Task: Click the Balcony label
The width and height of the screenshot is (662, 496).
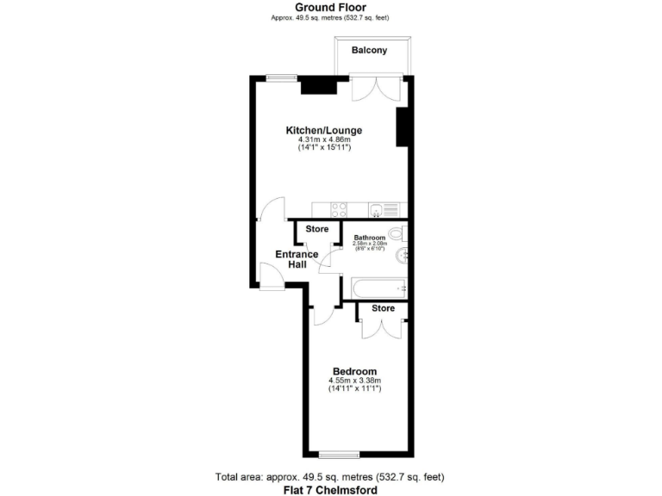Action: click(x=375, y=50)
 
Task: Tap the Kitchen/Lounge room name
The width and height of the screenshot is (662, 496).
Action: click(x=324, y=130)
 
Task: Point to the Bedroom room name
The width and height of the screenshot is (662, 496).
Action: click(x=354, y=371)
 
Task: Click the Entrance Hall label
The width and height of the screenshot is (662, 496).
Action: click(x=297, y=259)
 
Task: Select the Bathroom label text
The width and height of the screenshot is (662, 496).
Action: click(x=370, y=238)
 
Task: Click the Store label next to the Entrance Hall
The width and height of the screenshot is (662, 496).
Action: click(x=318, y=229)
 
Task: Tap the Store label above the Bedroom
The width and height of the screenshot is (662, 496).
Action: click(x=383, y=308)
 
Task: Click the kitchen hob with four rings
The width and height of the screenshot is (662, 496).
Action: click(x=339, y=209)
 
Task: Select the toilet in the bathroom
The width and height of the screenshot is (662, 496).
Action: click(x=397, y=233)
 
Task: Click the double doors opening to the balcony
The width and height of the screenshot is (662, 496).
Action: click(x=376, y=89)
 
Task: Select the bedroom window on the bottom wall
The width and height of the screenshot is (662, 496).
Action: click(x=338, y=454)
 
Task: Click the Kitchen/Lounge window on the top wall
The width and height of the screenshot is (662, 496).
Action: click(x=281, y=78)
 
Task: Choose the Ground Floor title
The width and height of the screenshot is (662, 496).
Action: click(x=330, y=8)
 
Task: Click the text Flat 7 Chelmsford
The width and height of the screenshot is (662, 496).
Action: click(x=330, y=489)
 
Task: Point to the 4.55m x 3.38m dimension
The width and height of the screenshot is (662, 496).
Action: click(x=354, y=381)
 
